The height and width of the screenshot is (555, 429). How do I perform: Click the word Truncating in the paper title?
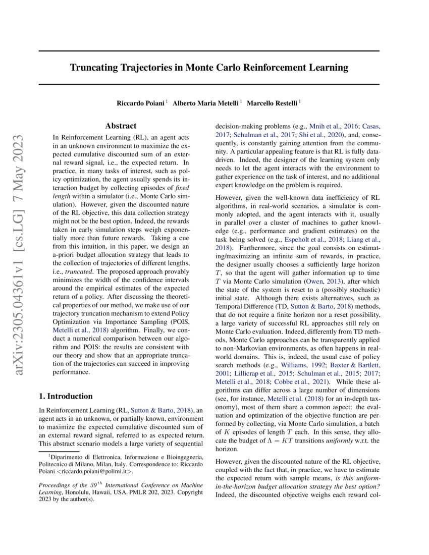pyautogui.click(x=95, y=67)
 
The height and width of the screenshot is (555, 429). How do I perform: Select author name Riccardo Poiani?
pyautogui.click(x=140, y=103)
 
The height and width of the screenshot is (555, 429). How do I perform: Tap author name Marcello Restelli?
pyautogui.click(x=276, y=103)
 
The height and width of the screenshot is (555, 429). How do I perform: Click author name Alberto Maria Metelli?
pyautogui.click(x=206, y=103)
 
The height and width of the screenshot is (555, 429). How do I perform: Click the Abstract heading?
pyautogui.click(x=121, y=126)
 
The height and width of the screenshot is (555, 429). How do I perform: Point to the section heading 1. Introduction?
pyautogui.click(x=66, y=396)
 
